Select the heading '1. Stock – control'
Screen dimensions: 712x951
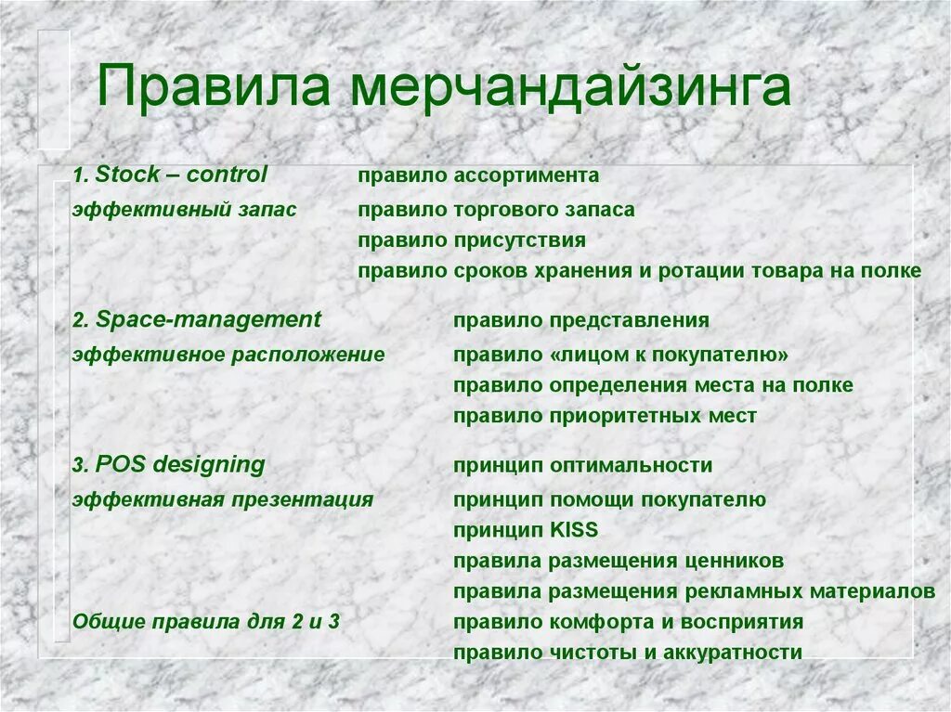(x=170, y=175)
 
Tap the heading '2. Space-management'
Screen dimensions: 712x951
(x=197, y=320)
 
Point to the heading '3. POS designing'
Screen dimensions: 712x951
(x=169, y=465)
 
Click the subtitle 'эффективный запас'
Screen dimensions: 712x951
(x=185, y=210)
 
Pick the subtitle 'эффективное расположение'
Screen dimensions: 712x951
(x=228, y=355)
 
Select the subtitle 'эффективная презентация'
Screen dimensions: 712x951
(x=223, y=499)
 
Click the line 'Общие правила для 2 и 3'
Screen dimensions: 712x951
(x=206, y=622)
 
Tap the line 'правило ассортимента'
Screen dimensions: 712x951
(x=478, y=175)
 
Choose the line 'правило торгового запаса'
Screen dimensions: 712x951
(x=497, y=210)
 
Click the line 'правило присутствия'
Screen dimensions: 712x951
(x=472, y=240)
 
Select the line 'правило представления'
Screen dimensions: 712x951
(x=581, y=321)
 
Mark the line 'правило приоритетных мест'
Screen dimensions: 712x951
(x=605, y=416)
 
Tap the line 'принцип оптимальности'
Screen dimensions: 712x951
(x=583, y=466)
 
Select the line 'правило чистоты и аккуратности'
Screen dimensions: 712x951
(x=628, y=653)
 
